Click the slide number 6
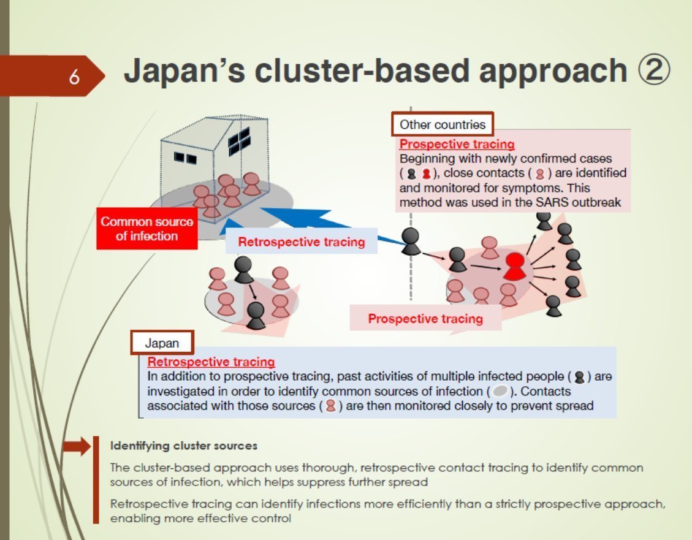coord(74,77)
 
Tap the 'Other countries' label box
coord(442,125)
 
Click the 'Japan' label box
coord(162,343)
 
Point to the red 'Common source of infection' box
coord(146,229)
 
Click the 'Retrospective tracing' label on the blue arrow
coord(301,241)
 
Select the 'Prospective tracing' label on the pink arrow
coord(425,319)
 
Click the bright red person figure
coord(515,265)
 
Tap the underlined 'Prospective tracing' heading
coord(457,145)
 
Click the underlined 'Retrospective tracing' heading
coord(211,362)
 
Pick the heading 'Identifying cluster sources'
coord(183,446)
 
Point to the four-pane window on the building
coord(239,141)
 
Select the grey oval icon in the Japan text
coord(499,391)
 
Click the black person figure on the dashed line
coord(411,241)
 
